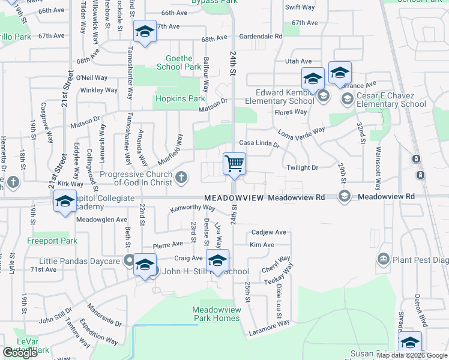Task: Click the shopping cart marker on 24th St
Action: coord(234,163)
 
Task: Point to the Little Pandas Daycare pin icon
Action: coord(128,260)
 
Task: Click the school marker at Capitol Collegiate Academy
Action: coord(65,202)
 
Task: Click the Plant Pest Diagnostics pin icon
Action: coord(384,259)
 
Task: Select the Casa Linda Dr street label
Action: coord(259,143)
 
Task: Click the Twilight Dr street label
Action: coord(301,168)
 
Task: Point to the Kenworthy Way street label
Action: coord(193,208)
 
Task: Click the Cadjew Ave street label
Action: coord(269,232)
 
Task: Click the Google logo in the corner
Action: coord(20,353)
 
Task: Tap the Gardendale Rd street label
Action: coord(261,37)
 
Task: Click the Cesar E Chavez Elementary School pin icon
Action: coord(347,97)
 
